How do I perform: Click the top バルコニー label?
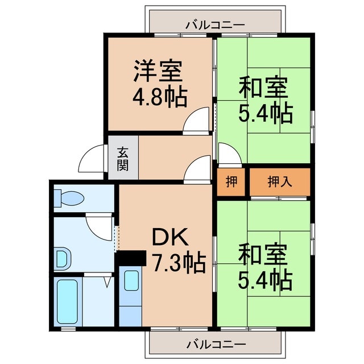click(x=215, y=26)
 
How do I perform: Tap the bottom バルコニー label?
click(x=216, y=344)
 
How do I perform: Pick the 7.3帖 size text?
click(x=179, y=263)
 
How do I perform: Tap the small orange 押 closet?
click(x=231, y=182)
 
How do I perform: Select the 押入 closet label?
click(x=280, y=182)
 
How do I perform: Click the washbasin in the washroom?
click(x=62, y=259)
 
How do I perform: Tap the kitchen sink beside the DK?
click(x=131, y=281)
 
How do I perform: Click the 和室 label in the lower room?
click(x=263, y=253)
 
